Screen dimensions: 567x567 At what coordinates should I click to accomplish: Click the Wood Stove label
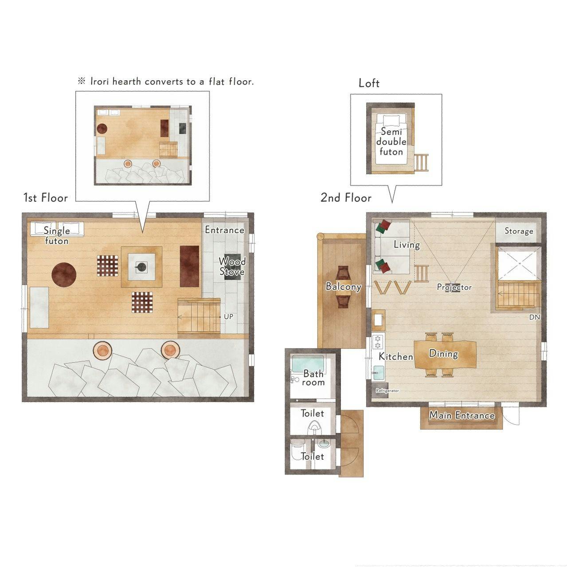(x=232, y=266)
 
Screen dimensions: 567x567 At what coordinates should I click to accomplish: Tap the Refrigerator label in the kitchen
(x=387, y=391)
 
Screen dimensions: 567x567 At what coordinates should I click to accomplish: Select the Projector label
(x=454, y=287)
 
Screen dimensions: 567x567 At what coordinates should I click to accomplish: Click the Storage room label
(x=519, y=231)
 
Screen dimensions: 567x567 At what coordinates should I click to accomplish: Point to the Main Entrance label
(x=462, y=415)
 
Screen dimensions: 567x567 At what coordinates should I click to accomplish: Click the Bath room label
(x=313, y=378)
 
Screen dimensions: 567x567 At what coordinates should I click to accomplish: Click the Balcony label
(x=344, y=286)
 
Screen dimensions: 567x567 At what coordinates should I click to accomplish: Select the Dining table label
(x=443, y=353)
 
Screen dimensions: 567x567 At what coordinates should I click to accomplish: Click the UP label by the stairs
(x=228, y=317)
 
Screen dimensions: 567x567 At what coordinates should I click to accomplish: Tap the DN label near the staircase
(x=535, y=317)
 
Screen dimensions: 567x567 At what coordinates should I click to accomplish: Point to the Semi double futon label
(x=391, y=141)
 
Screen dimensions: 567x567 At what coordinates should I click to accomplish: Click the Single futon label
(x=56, y=236)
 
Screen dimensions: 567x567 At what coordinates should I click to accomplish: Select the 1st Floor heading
(x=46, y=198)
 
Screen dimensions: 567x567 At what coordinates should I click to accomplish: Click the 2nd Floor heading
(x=346, y=198)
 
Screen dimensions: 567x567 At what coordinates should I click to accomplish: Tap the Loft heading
(x=369, y=83)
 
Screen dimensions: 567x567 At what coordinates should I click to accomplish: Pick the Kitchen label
(x=396, y=356)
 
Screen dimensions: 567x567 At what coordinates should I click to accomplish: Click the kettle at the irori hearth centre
(x=141, y=267)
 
